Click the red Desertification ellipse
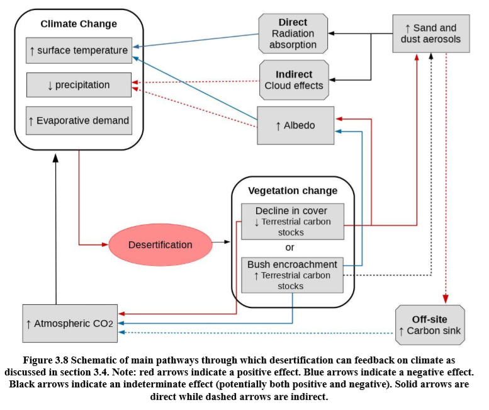coord(160,244)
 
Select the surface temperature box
coord(79,50)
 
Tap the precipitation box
coord(79,85)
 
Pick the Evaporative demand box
coord(79,120)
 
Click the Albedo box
coord(295,125)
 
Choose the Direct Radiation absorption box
coord(293,33)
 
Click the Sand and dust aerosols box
coord(430,33)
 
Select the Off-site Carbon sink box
coord(430,324)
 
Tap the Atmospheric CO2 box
coord(69,323)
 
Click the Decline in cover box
coord(293,221)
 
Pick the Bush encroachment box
coord(293,275)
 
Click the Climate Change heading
coord(79,24)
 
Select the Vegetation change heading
coord(293,190)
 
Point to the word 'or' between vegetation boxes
coord(290,248)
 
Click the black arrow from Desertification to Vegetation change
coord(221,242)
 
